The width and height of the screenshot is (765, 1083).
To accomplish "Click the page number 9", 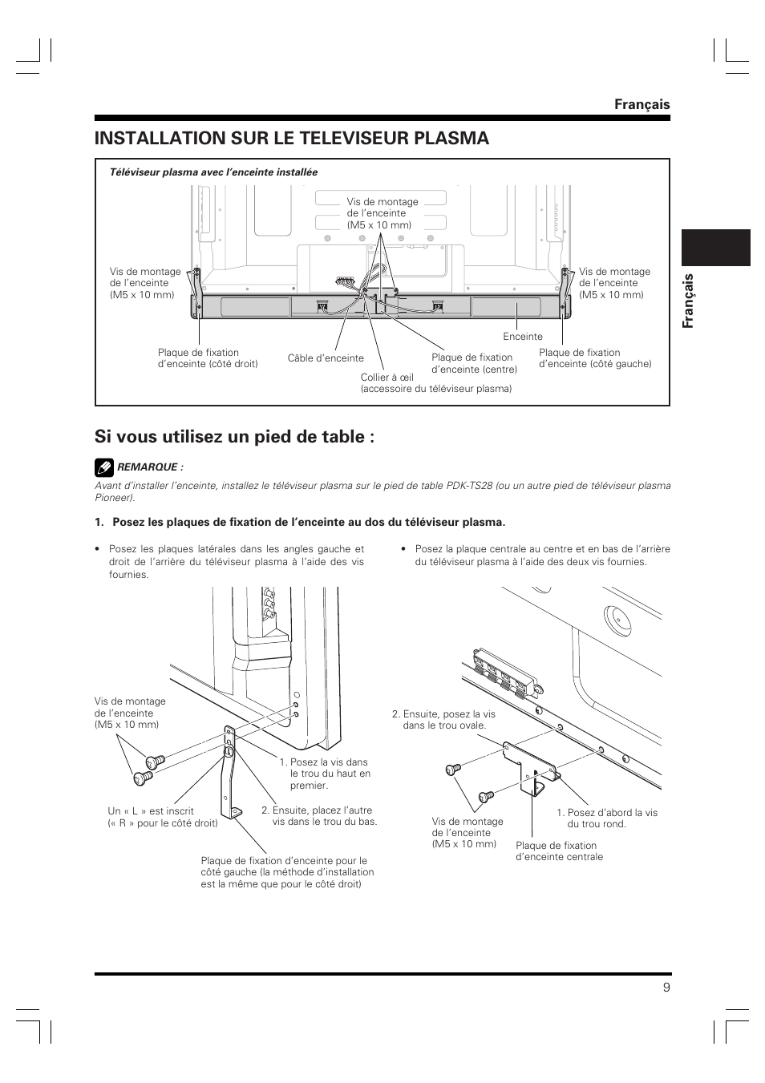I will pyautogui.click(x=666, y=987).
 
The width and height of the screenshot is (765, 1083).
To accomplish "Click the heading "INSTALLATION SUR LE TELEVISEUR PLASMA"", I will pyautogui.click(x=291, y=138).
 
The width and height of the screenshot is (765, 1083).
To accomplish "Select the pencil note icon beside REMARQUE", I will pyautogui.click(x=103, y=467).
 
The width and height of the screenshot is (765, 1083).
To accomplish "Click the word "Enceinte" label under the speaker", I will pyautogui.click(x=523, y=337).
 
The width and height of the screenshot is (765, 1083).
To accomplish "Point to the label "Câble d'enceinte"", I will pyautogui.click(x=326, y=358).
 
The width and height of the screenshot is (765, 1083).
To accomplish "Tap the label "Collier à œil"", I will pyautogui.click(x=387, y=377).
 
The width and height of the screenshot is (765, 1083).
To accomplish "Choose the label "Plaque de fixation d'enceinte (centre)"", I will pyautogui.click(x=474, y=363).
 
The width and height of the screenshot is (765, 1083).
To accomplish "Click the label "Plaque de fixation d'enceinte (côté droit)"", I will pyautogui.click(x=208, y=358).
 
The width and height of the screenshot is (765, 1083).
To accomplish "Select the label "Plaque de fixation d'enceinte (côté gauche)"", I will pyautogui.click(x=595, y=358).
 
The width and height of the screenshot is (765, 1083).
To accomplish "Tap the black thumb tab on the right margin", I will pyautogui.click(x=715, y=248).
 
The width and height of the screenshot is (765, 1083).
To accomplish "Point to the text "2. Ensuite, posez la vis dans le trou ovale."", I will pyautogui.click(x=443, y=719).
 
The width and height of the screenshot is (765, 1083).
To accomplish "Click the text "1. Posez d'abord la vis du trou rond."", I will pyautogui.click(x=607, y=818).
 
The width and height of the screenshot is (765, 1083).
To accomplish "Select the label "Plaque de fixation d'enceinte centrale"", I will pyautogui.click(x=559, y=851).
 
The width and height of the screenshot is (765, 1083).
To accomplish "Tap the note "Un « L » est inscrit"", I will pyautogui.click(x=151, y=810).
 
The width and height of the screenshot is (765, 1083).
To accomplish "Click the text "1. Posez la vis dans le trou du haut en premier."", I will pyautogui.click(x=325, y=774).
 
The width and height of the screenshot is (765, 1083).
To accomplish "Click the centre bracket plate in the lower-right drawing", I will pyautogui.click(x=529, y=766).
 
